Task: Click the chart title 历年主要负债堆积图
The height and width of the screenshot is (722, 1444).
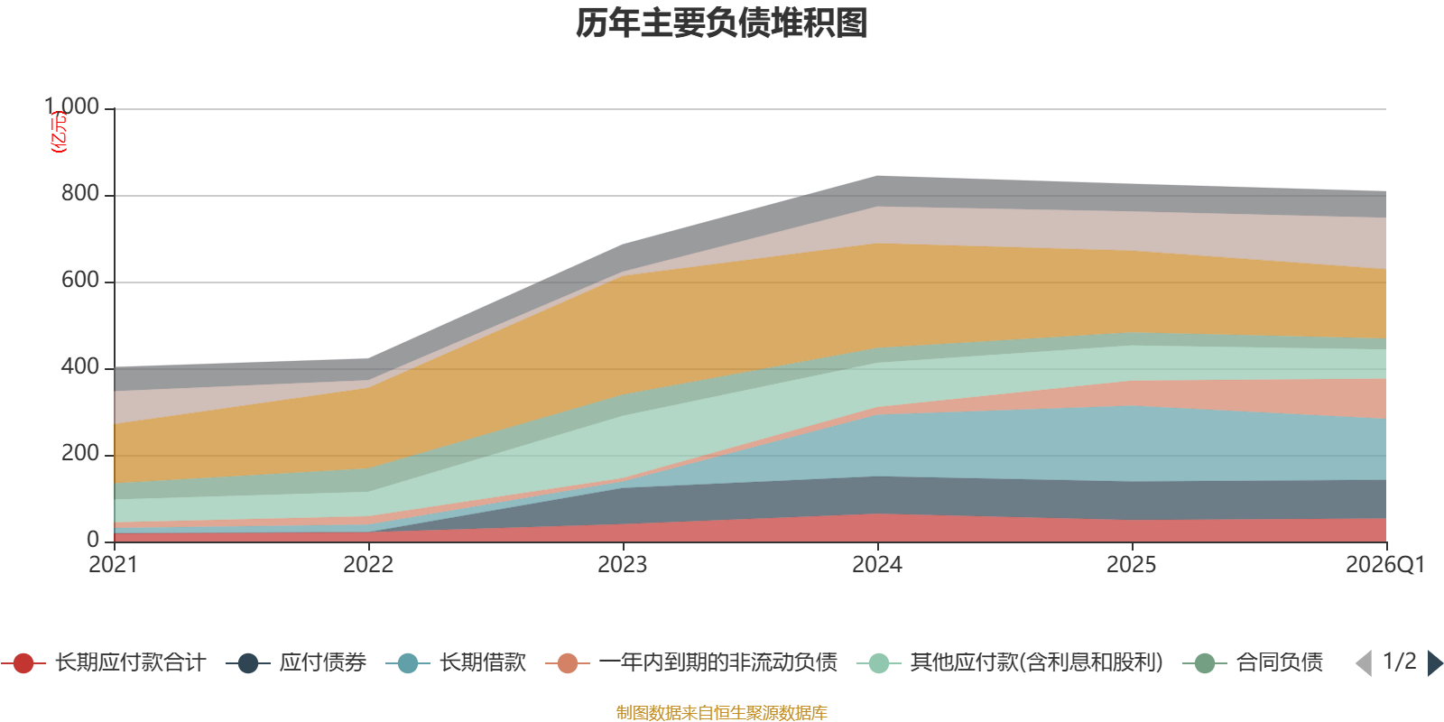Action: pos(721,23)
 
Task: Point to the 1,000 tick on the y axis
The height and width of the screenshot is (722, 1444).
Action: pos(71,106)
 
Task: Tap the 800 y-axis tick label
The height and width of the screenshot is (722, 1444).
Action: pos(80,193)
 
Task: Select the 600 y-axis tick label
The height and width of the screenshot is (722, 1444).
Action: pos(80,280)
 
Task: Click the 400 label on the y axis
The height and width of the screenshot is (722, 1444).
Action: pos(80,366)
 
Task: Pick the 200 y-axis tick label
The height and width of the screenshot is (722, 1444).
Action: pos(80,453)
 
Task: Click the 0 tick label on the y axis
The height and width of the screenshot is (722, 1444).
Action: pos(93,540)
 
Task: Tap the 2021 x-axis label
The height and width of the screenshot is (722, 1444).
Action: pos(114,565)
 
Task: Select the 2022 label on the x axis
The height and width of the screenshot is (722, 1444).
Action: pos(368,565)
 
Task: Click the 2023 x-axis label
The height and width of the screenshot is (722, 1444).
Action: pos(622,565)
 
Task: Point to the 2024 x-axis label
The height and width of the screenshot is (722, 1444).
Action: pos(877,565)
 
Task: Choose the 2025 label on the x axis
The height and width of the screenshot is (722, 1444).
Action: pos(1132,565)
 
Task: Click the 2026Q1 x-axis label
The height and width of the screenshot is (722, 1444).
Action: pos(1385,565)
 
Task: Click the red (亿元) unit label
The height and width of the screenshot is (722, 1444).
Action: pos(59,132)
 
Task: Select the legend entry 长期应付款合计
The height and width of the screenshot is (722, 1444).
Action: pos(103,662)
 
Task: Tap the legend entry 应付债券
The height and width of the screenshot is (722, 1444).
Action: pos(296,662)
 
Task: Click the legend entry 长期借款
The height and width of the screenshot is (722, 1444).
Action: pos(456,662)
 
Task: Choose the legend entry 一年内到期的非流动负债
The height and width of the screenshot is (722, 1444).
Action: pos(691,662)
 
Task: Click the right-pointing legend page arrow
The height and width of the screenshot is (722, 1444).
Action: pos(1435,662)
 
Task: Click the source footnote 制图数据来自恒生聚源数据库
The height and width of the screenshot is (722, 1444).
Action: pos(721,712)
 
